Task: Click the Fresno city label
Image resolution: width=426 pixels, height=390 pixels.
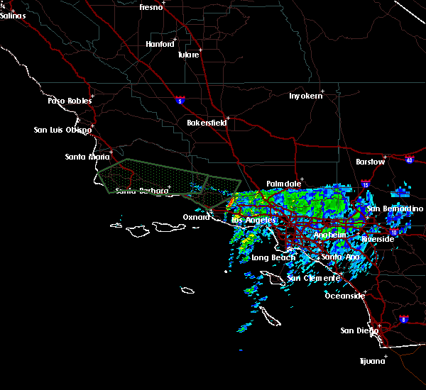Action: tap(151, 7)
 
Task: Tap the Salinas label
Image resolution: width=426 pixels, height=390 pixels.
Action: tap(13, 16)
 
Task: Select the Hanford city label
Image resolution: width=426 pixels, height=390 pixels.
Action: tap(160, 44)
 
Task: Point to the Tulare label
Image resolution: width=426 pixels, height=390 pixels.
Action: tap(188, 55)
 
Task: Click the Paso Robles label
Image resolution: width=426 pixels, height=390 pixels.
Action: tap(70, 101)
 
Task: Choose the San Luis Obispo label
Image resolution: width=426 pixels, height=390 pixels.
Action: tap(62, 130)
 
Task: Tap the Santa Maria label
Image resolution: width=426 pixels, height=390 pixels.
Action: tap(87, 157)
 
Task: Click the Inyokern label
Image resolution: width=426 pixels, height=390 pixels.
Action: tap(305, 96)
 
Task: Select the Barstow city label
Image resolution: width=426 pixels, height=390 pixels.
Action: tap(371, 162)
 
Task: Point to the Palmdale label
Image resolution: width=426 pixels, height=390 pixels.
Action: tap(283, 184)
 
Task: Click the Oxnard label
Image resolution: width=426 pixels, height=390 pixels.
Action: tap(196, 217)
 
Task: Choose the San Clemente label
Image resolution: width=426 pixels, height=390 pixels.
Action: tap(312, 278)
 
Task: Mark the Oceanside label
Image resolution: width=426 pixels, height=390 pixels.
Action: tap(344, 296)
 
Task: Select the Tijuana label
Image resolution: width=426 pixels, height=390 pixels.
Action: tap(371, 361)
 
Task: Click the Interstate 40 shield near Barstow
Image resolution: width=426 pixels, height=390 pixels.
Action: tap(409, 160)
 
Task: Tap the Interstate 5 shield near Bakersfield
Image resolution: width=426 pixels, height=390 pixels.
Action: tap(181, 101)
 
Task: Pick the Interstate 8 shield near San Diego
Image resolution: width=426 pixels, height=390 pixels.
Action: tap(404, 319)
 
